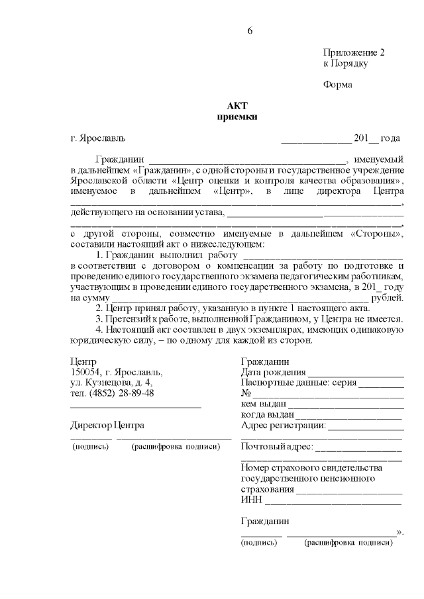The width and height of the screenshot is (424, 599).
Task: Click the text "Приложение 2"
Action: tap(354, 52)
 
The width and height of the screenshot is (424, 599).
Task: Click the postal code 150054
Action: tap(85, 372)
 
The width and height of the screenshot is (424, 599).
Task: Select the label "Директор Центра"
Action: tap(107, 425)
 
